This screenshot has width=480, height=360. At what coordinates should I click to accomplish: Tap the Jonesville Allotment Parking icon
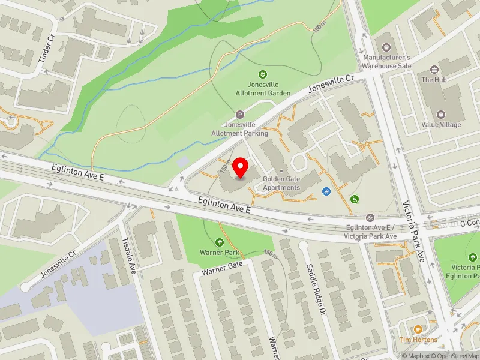coord(241,115)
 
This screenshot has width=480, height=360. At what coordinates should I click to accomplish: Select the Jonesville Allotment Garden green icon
coord(262,75)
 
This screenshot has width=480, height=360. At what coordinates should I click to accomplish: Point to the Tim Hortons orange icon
coord(418,329)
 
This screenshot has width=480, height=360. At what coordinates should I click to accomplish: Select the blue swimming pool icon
coord(326,191)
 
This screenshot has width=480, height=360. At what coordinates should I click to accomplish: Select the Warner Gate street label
coord(222,268)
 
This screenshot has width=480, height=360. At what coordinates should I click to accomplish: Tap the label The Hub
coord(435,79)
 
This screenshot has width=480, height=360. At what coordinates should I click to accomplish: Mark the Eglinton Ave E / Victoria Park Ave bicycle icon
coord(370,217)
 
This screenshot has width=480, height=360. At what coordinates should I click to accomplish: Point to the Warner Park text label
coord(220,253)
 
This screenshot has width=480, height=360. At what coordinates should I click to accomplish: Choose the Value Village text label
coord(441,125)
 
